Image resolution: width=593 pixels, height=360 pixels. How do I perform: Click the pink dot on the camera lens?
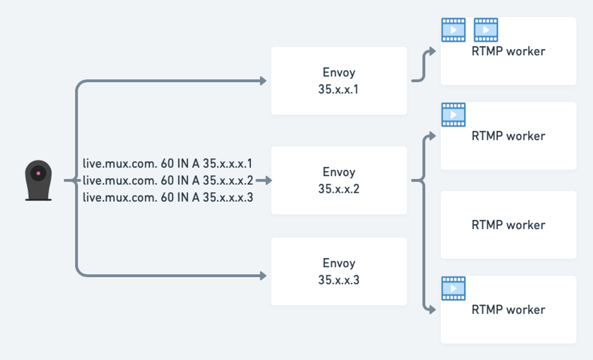(x=39, y=173)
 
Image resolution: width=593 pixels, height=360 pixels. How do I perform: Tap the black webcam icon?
(x=39, y=180)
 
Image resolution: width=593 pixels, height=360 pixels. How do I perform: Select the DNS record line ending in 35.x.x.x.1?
(x=168, y=164)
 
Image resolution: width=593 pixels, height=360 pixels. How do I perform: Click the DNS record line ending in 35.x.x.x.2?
(x=168, y=181)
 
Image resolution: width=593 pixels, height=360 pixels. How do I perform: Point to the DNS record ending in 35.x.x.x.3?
(x=168, y=198)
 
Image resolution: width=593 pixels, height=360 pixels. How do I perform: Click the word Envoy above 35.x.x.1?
(x=339, y=73)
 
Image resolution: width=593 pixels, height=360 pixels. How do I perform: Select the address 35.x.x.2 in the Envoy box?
(x=339, y=189)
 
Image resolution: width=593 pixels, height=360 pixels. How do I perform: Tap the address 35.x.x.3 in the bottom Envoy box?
(x=339, y=280)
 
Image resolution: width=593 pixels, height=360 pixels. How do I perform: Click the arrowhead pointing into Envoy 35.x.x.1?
(x=263, y=81)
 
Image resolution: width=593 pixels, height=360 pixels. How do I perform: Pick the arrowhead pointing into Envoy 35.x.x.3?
(x=263, y=275)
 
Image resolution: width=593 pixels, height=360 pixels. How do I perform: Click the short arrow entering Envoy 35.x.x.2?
(x=264, y=181)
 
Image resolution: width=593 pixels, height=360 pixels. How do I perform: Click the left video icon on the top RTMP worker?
(x=453, y=30)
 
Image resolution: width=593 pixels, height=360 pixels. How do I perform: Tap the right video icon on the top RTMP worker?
(x=486, y=30)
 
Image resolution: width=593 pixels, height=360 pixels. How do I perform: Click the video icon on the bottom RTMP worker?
(x=453, y=289)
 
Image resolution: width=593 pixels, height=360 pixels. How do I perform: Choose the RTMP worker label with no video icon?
(x=508, y=225)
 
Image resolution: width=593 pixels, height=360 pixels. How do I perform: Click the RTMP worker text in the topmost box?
(x=508, y=51)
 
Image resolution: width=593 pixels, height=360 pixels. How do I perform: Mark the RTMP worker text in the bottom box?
(x=508, y=310)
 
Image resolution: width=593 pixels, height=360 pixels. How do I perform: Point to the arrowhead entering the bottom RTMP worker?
(x=432, y=309)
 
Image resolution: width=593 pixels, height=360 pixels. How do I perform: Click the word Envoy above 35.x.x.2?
(x=339, y=172)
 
